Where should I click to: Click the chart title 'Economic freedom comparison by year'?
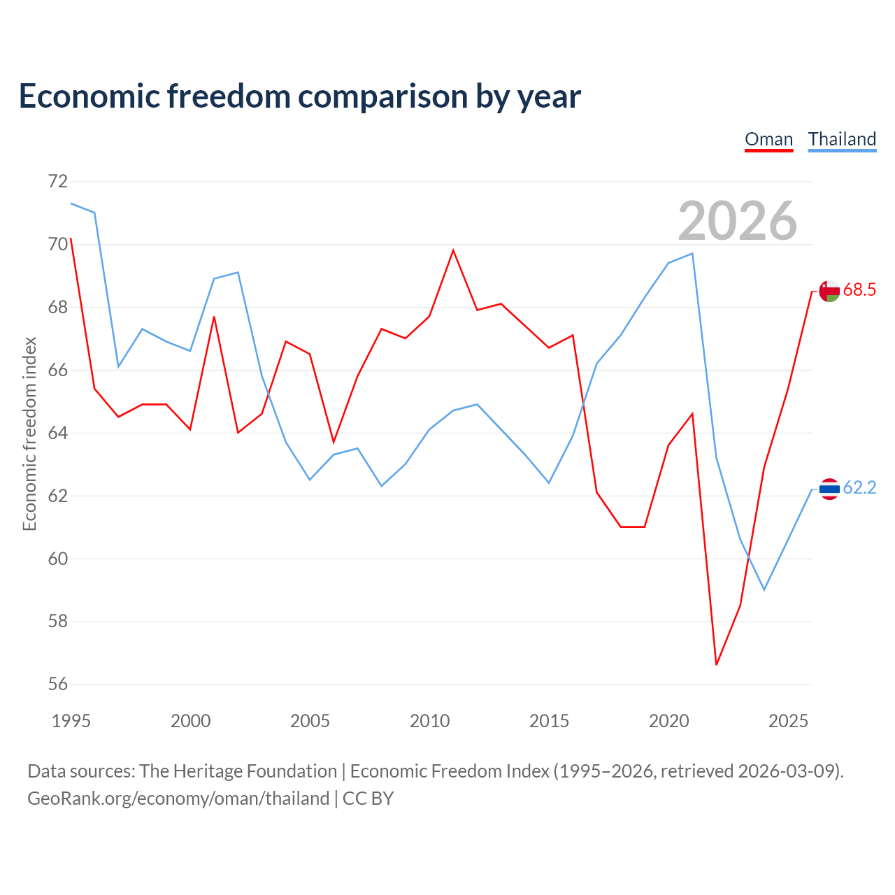coord(299,96)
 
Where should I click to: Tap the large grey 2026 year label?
coord(738,221)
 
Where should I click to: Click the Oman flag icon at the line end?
coord(829,291)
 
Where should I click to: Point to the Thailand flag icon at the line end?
coord(829,489)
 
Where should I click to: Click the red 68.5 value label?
coord(859,289)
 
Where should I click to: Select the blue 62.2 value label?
coord(859,487)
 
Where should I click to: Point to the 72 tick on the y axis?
coord(58,181)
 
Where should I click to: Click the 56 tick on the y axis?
coord(58,684)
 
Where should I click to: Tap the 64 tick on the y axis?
coord(58,433)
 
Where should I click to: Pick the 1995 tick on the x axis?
coord(71,722)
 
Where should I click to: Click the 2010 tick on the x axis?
coord(429,722)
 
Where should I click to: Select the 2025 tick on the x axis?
coord(788,722)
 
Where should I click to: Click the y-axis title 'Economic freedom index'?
coord(29,434)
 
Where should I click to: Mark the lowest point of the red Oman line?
coord(716,665)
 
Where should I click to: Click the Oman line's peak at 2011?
coord(453,250)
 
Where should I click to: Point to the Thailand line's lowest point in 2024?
coord(764,590)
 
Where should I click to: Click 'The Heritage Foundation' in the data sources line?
coord(238,771)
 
